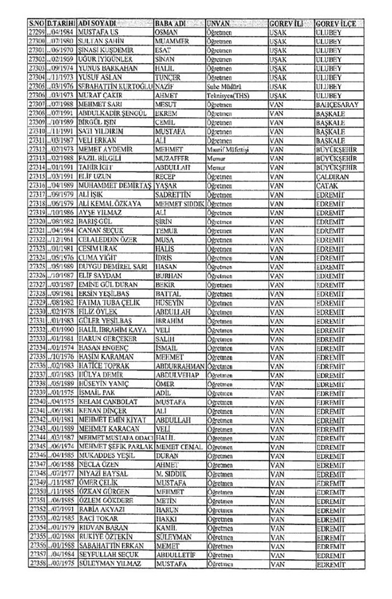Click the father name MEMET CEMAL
point(179,447)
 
